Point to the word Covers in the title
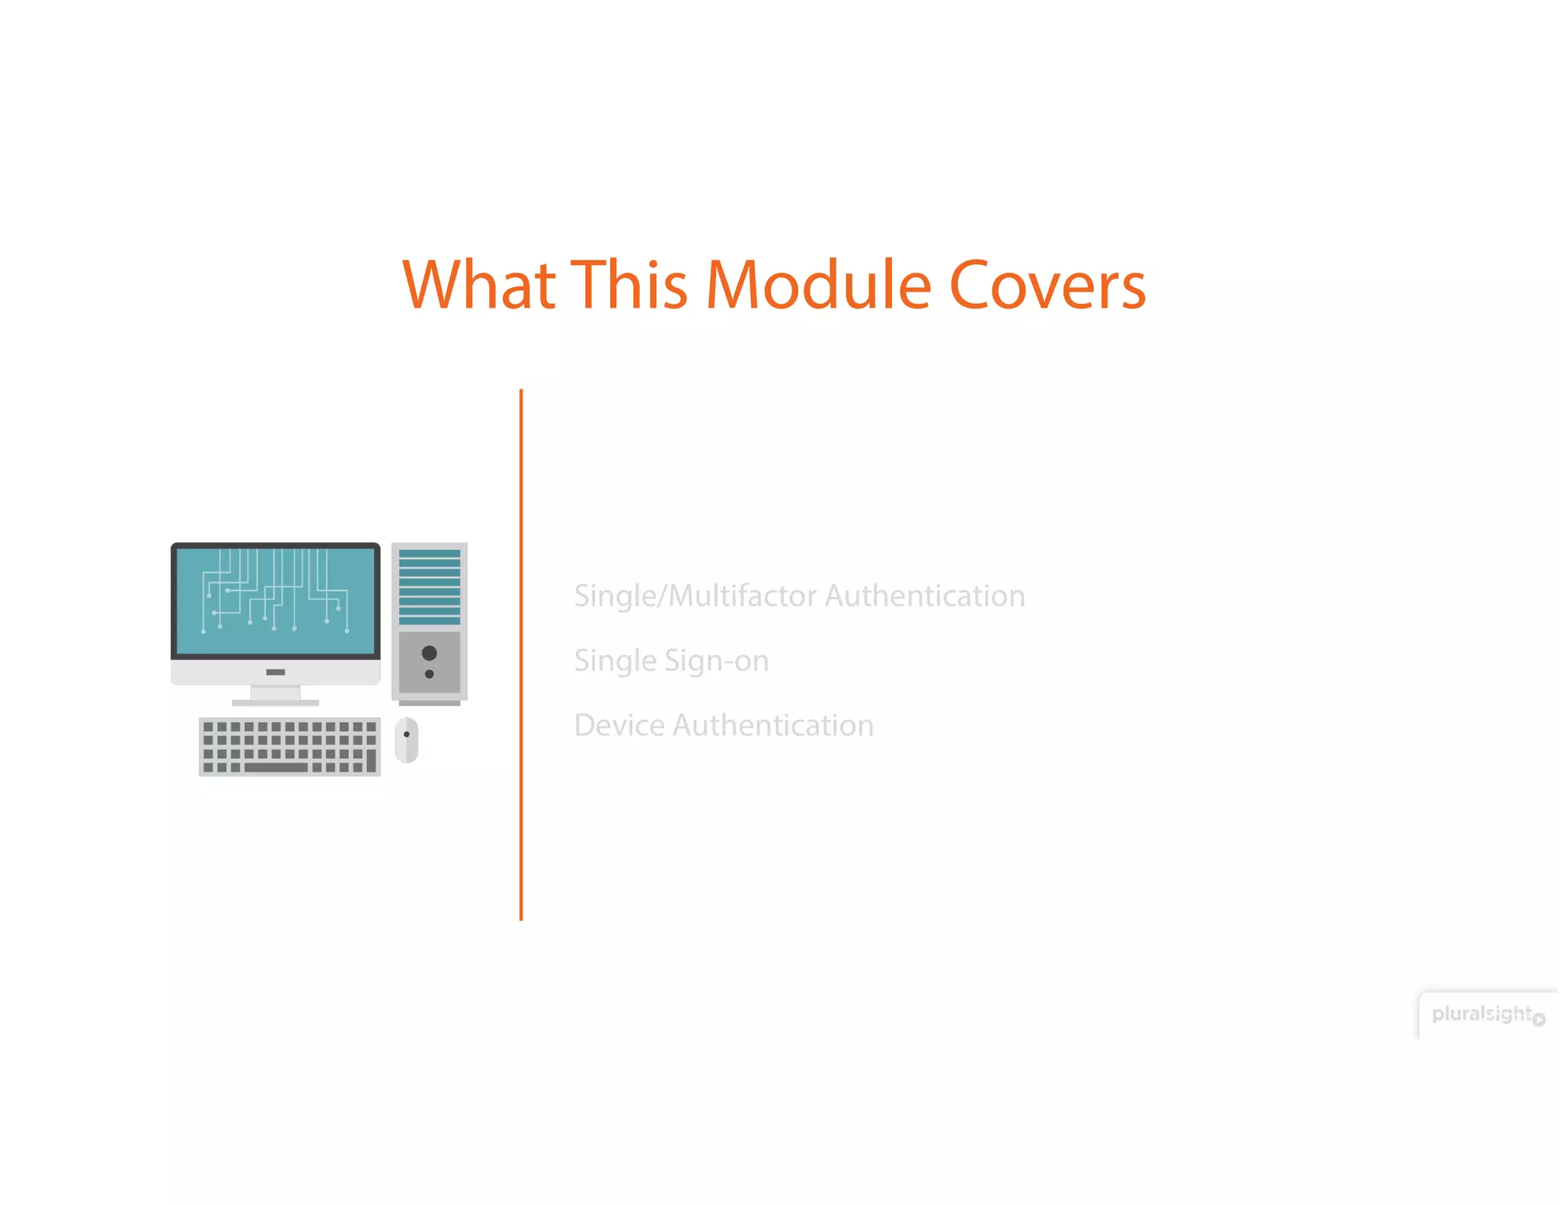click(x=1047, y=286)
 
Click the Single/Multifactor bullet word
click(x=695, y=596)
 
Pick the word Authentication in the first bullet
click(x=925, y=596)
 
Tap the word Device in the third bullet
click(x=619, y=725)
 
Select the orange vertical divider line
click(x=521, y=655)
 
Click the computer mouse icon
click(x=407, y=740)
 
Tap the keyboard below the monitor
click(x=289, y=746)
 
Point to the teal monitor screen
click(x=276, y=601)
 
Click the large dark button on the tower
click(x=430, y=653)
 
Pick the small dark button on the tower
click(x=430, y=674)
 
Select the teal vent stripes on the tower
click(x=430, y=587)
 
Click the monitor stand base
click(x=275, y=702)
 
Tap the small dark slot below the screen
click(x=276, y=672)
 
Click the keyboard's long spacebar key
click(x=276, y=767)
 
